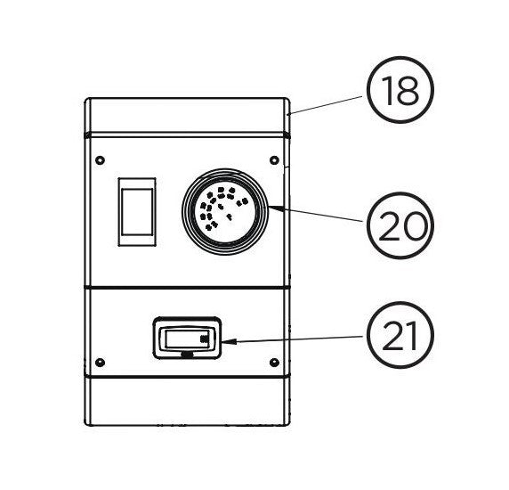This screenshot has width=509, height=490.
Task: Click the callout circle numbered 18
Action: click(x=400, y=90)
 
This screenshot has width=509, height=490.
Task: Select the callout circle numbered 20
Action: click(x=400, y=225)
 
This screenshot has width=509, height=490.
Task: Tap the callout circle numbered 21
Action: click(x=400, y=335)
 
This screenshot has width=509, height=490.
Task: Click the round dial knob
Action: click(x=225, y=212)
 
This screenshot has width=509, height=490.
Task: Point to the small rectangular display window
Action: click(x=187, y=339)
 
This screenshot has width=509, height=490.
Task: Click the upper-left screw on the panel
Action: click(x=101, y=159)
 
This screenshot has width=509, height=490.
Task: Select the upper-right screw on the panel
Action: click(x=274, y=159)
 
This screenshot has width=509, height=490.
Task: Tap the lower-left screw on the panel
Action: click(x=101, y=363)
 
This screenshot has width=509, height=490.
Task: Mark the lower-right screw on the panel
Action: click(x=274, y=363)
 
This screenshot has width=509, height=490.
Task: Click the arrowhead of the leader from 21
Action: click(x=228, y=342)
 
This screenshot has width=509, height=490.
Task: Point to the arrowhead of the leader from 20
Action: click(x=275, y=208)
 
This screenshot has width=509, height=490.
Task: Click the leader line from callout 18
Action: click(x=325, y=105)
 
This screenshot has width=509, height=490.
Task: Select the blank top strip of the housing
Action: click(x=187, y=115)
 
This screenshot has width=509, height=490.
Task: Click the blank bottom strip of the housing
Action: click(x=187, y=401)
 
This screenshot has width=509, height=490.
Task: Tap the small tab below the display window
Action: click(x=187, y=355)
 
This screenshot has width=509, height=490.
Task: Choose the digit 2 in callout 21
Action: click(x=392, y=336)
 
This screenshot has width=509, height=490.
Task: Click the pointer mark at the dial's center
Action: click(x=230, y=216)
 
